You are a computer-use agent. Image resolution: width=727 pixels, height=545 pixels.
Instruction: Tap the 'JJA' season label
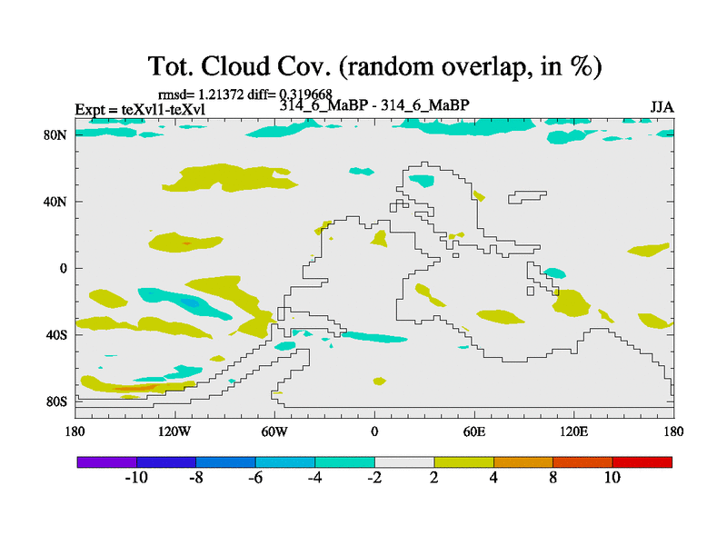pyautogui.click(x=662, y=106)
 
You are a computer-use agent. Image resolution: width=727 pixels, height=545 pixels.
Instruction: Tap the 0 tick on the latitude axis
pyautogui.click(x=65, y=268)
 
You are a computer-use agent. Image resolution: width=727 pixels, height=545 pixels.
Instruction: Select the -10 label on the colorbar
pyautogui.click(x=136, y=478)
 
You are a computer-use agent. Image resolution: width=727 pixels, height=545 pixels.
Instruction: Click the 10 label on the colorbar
pyautogui.click(x=612, y=478)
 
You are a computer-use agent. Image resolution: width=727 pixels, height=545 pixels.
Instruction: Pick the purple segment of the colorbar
pyautogui.click(x=107, y=462)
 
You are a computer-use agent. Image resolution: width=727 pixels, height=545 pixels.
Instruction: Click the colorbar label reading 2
pyautogui.click(x=434, y=478)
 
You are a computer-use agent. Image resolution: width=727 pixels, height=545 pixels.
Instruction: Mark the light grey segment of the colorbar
pyautogui.click(x=404, y=462)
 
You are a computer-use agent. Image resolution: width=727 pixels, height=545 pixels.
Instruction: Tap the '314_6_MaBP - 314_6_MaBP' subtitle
pyautogui.click(x=374, y=106)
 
